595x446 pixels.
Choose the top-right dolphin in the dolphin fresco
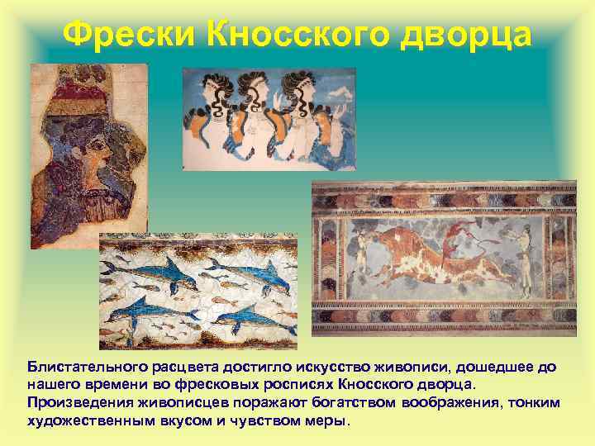(x=248, y=273)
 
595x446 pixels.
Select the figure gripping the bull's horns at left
(x=361, y=256)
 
